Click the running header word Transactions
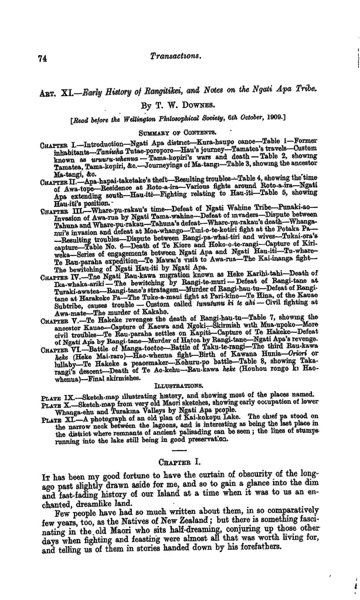pos(176,56)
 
